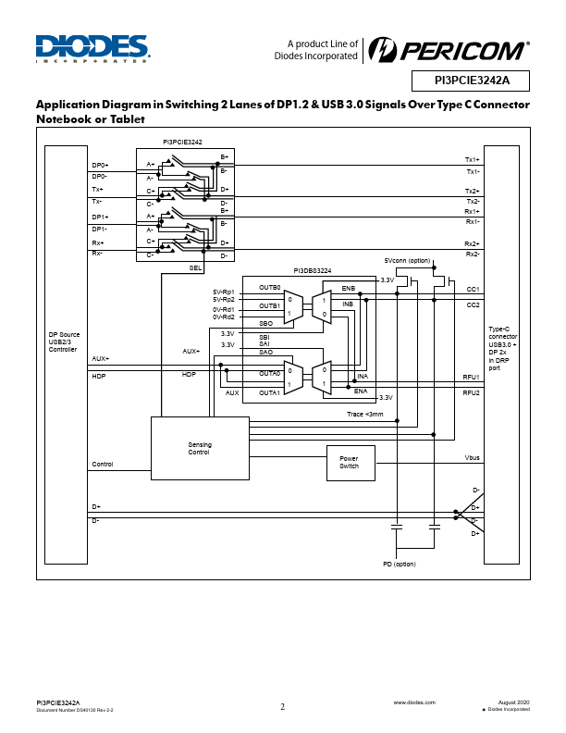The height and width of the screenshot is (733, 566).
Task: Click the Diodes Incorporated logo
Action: tap(92, 49)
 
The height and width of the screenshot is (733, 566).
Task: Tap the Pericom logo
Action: tap(449, 50)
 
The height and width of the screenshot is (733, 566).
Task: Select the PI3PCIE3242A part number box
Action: tap(471, 81)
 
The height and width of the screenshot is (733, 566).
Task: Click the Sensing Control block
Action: tap(200, 448)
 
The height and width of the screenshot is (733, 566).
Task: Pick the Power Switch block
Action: tap(351, 463)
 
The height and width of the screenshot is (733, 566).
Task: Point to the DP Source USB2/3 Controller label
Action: tap(64, 342)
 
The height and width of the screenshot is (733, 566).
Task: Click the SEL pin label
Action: tap(195, 267)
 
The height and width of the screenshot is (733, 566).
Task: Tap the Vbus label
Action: tap(473, 457)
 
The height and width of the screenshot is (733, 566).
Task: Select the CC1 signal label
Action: tap(474, 290)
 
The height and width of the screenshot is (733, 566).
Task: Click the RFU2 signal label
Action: tap(471, 392)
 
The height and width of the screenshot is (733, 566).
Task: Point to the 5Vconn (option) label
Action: tap(407, 260)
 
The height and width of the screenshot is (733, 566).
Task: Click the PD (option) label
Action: tap(400, 565)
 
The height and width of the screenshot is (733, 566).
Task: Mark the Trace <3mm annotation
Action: tap(365, 415)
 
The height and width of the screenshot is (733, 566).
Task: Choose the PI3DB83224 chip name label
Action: tap(313, 270)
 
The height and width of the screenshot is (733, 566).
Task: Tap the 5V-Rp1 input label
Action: tap(224, 292)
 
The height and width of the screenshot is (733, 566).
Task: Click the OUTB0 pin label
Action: tap(270, 288)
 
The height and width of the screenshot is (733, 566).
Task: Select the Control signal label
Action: tap(103, 465)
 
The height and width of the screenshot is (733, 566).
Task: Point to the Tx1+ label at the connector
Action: tap(473, 160)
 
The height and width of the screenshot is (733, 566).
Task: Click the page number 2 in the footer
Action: tap(282, 706)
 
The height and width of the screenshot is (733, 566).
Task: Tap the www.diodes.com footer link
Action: tap(414, 702)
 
